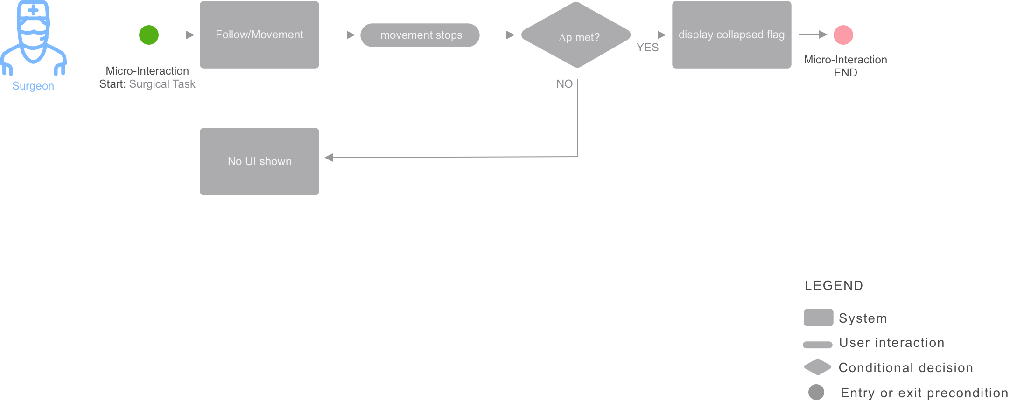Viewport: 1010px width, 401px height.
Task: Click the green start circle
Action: click(x=149, y=35)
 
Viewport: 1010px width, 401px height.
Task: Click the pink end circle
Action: click(x=843, y=35)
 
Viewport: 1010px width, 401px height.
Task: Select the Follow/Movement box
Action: click(x=260, y=35)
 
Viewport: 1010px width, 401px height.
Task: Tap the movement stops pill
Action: click(x=420, y=35)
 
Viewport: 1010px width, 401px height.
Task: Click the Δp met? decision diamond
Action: click(x=576, y=35)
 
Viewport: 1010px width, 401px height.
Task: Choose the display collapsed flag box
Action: click(x=731, y=35)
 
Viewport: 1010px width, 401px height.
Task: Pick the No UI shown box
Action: click(x=260, y=161)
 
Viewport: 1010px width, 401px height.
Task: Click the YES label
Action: click(x=648, y=48)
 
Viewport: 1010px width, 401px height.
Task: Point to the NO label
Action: click(x=564, y=84)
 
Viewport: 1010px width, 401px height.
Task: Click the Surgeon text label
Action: click(x=33, y=86)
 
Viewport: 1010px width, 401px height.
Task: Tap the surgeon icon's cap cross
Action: click(x=33, y=10)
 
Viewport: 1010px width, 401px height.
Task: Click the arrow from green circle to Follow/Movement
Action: click(x=180, y=35)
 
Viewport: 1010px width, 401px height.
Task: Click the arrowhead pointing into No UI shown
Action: click(x=329, y=158)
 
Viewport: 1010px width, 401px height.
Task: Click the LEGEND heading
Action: click(x=834, y=285)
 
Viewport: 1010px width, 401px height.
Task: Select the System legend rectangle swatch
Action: click(x=818, y=318)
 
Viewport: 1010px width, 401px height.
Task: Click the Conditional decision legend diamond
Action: click(x=818, y=367)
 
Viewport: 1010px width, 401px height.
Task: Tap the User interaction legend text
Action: click(x=891, y=343)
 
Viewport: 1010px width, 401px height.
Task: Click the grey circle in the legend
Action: click(x=816, y=392)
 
